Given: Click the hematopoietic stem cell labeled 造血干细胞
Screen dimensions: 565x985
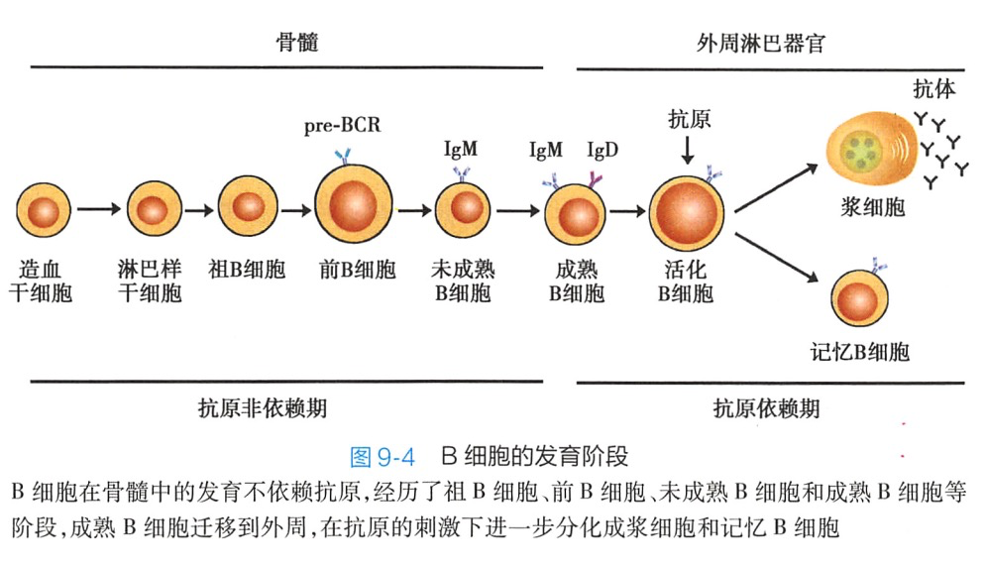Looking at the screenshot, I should coord(45,211).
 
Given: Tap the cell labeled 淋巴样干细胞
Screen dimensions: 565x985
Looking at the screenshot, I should coord(151,210).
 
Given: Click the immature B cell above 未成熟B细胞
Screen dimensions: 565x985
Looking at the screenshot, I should coord(464,209).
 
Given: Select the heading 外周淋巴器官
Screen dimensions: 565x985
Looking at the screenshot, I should coord(762,44).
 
